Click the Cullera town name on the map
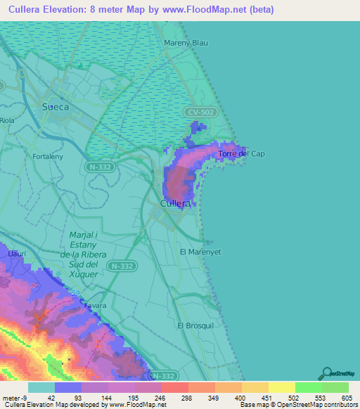(x=174, y=203)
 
